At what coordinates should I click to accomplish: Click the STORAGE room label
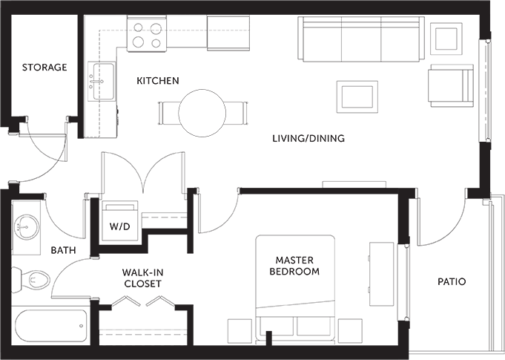(44, 68)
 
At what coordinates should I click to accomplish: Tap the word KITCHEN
(158, 81)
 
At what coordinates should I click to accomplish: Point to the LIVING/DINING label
(308, 138)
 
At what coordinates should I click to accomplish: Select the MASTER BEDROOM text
(294, 266)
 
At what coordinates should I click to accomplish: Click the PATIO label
(452, 281)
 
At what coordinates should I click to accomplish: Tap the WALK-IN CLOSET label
(142, 278)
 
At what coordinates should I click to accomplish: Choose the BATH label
(64, 250)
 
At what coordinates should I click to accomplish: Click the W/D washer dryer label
(120, 226)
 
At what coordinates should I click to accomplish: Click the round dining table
(202, 113)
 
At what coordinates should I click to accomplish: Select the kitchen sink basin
(103, 81)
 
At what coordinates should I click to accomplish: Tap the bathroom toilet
(31, 280)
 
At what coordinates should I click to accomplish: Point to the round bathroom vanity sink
(27, 226)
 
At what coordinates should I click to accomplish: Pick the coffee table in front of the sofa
(357, 97)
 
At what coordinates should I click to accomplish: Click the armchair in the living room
(451, 85)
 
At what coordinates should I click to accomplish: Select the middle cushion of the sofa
(361, 39)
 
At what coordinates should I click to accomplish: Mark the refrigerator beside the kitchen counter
(228, 33)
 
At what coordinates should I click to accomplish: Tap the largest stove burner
(138, 42)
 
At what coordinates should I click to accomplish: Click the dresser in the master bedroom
(381, 275)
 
